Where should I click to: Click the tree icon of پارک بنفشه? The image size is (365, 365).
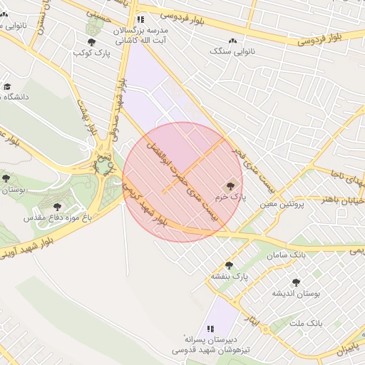pyautogui.click(x=229, y=264)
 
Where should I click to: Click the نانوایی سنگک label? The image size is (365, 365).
pyautogui.click(x=233, y=52)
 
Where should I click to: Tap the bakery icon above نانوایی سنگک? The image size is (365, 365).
pyautogui.click(x=233, y=41)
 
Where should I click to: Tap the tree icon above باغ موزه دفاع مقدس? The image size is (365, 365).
pyautogui.click(x=58, y=206)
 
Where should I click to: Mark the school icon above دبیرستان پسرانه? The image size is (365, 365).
pyautogui.click(x=210, y=329)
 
